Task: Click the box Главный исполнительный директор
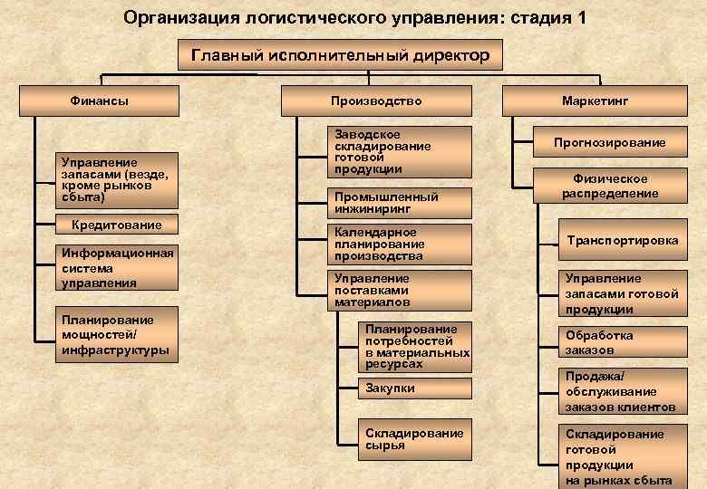[x=340, y=56]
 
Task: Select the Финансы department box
[x=100, y=101]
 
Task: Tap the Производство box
[x=376, y=101]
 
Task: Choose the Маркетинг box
[x=595, y=101]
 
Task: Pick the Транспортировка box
[x=622, y=241]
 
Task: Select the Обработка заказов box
[x=622, y=342]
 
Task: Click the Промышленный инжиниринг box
[x=400, y=203]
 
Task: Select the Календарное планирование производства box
[x=400, y=244]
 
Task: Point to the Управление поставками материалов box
[x=400, y=290]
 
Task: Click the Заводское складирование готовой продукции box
[x=400, y=151]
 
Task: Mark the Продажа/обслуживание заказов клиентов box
[x=622, y=391]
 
